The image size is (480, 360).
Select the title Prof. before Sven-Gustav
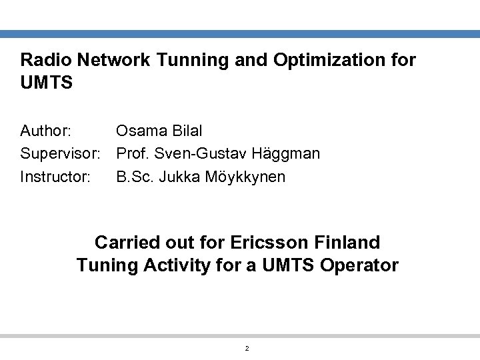click(x=132, y=154)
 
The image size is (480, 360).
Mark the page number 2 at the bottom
click(x=247, y=349)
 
